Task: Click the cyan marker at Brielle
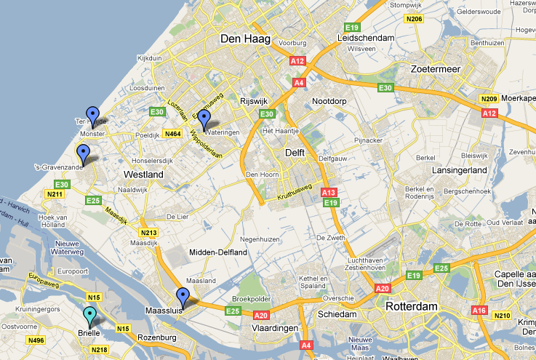[89, 316]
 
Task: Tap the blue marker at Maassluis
[183, 297]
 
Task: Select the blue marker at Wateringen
[205, 119]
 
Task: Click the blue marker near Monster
[92, 114]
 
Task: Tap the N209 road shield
[488, 98]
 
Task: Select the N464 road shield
[172, 134]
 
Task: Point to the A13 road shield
[329, 191]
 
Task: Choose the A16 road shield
[479, 310]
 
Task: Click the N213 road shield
[149, 232]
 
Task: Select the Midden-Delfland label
[218, 252]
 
